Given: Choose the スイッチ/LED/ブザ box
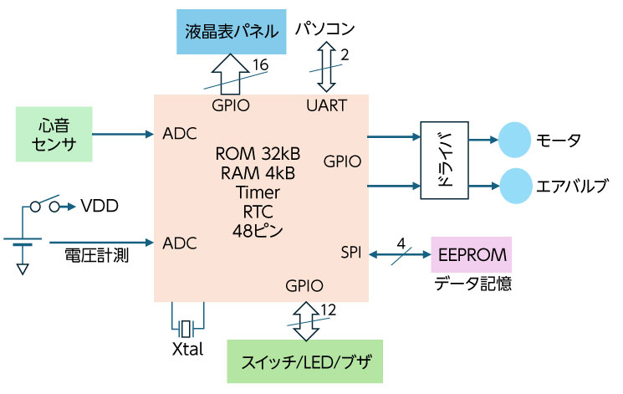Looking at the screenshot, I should pos(304,361).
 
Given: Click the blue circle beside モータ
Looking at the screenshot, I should pos(515,140).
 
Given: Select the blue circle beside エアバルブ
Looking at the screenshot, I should pos(515,183).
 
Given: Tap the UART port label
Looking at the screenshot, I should pos(326,106).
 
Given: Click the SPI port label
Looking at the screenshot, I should pos(351,253).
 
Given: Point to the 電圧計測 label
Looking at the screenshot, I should pos(96,256).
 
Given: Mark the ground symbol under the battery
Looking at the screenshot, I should pos(23,269).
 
